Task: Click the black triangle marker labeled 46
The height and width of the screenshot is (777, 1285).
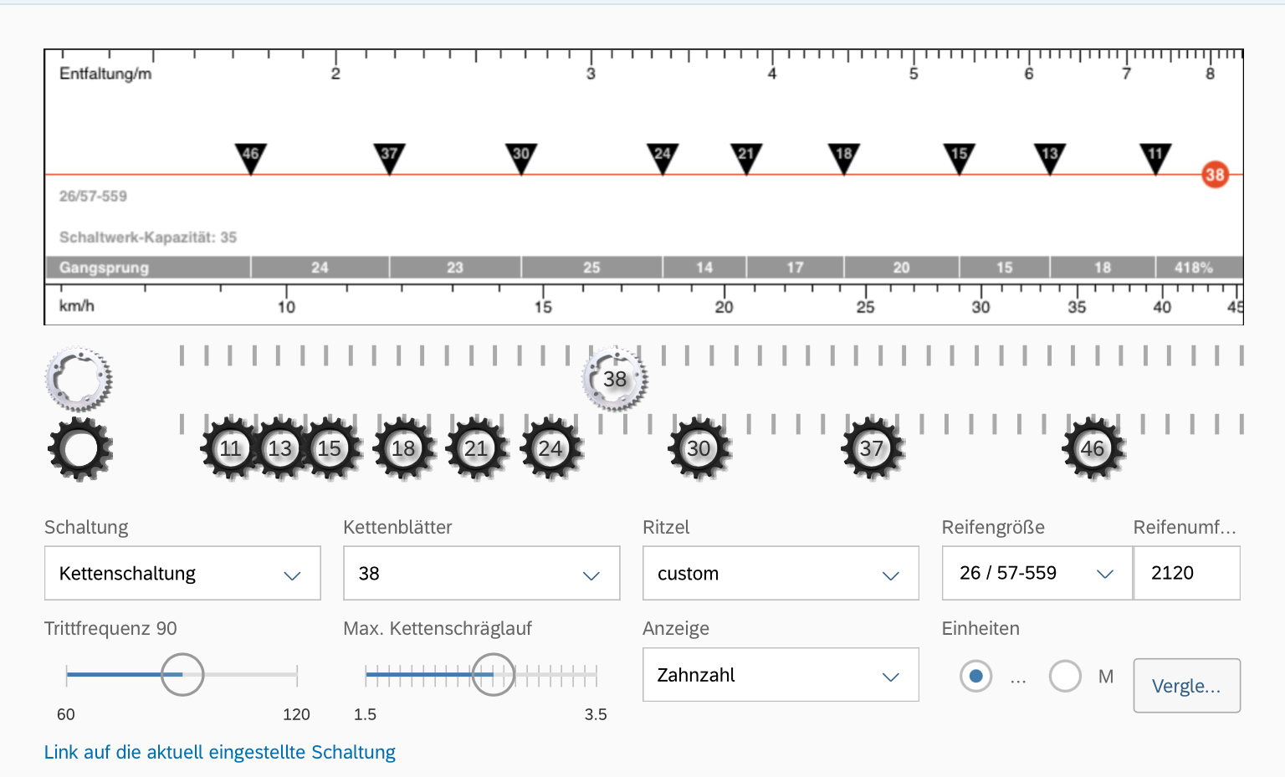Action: tap(251, 158)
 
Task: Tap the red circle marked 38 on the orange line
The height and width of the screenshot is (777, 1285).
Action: tap(1215, 174)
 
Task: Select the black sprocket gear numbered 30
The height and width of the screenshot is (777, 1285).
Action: tap(699, 448)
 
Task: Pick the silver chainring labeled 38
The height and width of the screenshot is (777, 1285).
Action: tap(615, 379)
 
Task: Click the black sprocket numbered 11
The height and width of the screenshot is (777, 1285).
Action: tap(231, 448)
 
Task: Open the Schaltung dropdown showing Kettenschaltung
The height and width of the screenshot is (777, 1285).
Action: tap(182, 573)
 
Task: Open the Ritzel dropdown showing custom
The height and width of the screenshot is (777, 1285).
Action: tap(781, 573)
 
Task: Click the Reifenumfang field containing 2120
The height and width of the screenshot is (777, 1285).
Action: tap(1186, 573)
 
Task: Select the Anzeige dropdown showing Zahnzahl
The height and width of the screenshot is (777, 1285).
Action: tap(781, 675)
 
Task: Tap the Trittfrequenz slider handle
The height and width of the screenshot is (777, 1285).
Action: tap(182, 674)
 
